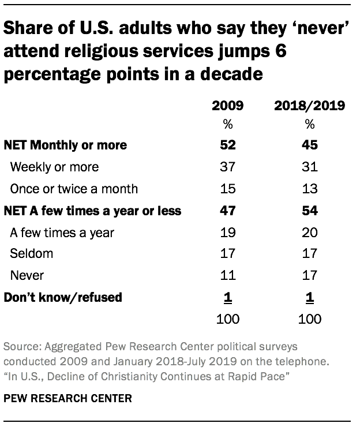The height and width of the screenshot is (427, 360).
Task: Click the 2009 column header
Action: coord(227,106)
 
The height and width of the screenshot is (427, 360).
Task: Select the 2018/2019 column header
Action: coord(309,106)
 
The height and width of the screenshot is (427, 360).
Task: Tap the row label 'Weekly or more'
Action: coord(55,167)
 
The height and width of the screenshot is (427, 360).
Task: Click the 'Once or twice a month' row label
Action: coord(74,189)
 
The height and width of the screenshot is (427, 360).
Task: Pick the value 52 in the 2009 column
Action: coord(227,145)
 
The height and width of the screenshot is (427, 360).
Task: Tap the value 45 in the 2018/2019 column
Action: coord(309,145)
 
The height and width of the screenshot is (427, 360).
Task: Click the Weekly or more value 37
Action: coord(227,167)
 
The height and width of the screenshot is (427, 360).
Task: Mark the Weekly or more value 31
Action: coord(309,167)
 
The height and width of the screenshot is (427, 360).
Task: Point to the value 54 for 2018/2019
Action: coord(309,211)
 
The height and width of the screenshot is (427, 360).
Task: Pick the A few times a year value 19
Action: coord(227,233)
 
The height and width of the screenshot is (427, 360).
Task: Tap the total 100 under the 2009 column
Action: coord(227,319)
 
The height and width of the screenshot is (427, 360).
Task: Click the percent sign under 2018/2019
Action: coord(309,124)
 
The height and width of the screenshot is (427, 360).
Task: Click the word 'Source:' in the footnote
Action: coord(20,347)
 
